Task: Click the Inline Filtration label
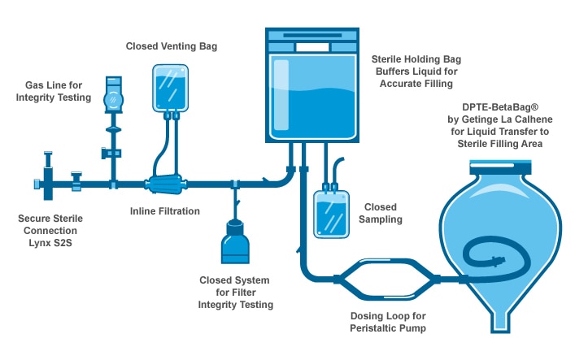pos(164,211)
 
